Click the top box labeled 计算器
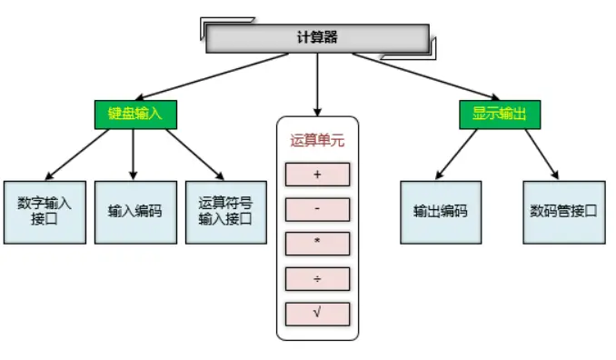(316, 38)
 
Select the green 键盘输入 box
(135, 114)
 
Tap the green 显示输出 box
(499, 114)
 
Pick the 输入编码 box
(134, 211)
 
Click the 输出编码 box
(440, 211)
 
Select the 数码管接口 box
(563, 211)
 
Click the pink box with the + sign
(317, 175)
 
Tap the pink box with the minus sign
(317, 210)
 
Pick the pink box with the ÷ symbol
(317, 279)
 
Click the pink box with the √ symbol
(317, 314)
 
